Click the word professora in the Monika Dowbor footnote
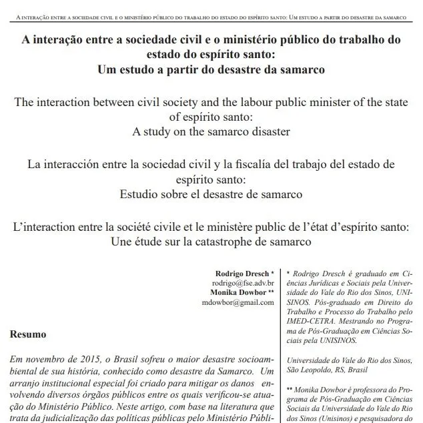tap(360, 388)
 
